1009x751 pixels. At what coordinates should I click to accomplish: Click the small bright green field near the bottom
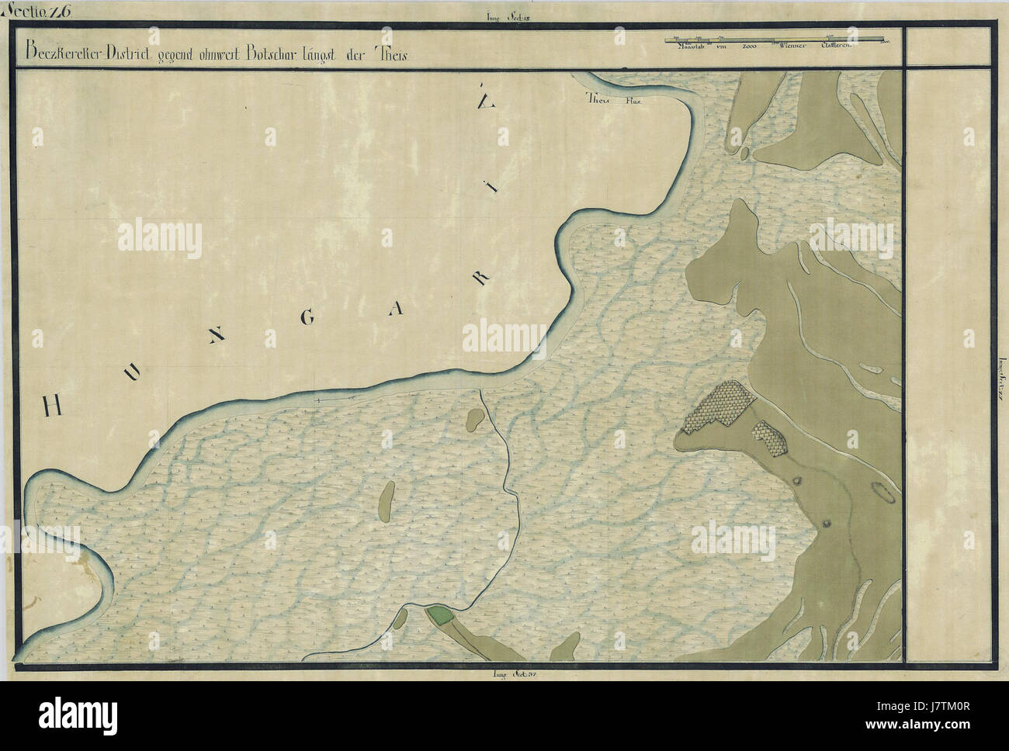442,615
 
